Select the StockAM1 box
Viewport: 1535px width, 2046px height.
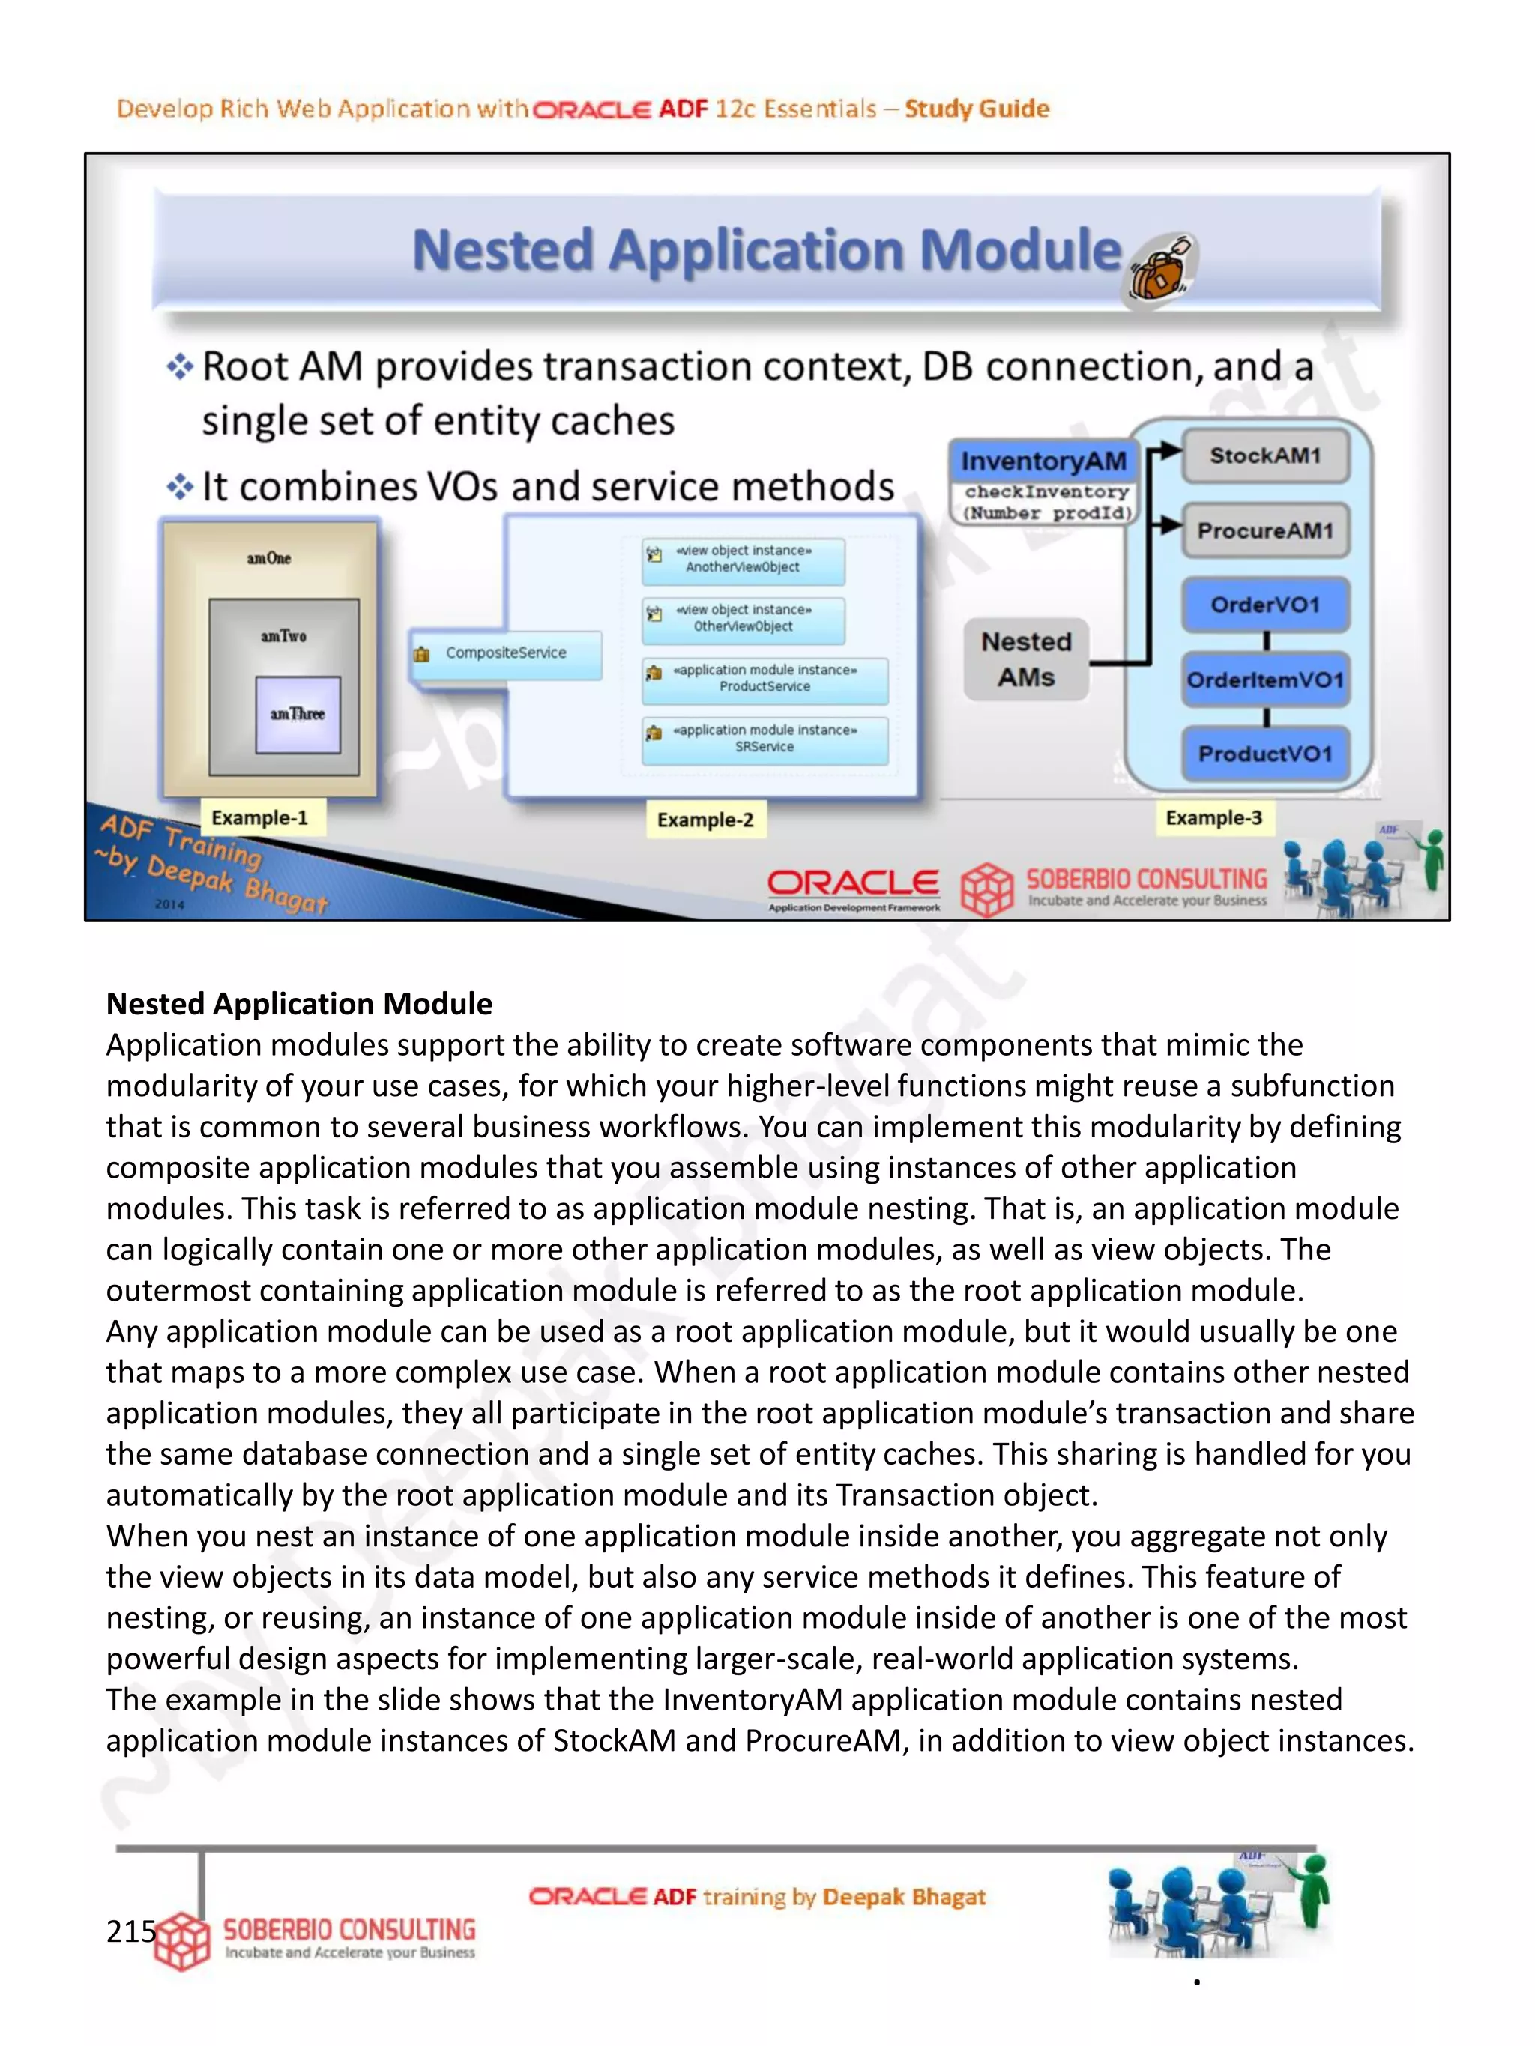point(1265,455)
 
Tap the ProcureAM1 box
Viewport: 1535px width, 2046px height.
point(1265,530)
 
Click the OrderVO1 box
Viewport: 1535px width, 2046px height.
point(1265,605)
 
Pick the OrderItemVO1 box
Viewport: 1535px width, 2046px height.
point(1265,680)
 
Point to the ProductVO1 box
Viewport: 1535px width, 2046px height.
point(1265,754)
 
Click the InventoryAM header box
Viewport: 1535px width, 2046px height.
point(1043,460)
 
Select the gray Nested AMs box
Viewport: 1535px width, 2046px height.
point(1026,659)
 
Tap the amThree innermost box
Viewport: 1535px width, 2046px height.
point(298,714)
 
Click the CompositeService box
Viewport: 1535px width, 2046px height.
point(505,653)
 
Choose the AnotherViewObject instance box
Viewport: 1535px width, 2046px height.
point(743,560)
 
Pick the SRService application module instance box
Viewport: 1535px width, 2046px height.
point(765,739)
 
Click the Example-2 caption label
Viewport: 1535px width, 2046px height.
point(705,820)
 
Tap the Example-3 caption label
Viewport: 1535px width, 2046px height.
point(1213,817)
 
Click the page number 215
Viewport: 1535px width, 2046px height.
point(130,1931)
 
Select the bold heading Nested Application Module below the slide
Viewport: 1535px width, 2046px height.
point(299,1004)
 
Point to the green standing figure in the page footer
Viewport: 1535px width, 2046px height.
point(1313,1891)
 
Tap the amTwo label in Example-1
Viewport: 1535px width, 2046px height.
point(283,636)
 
